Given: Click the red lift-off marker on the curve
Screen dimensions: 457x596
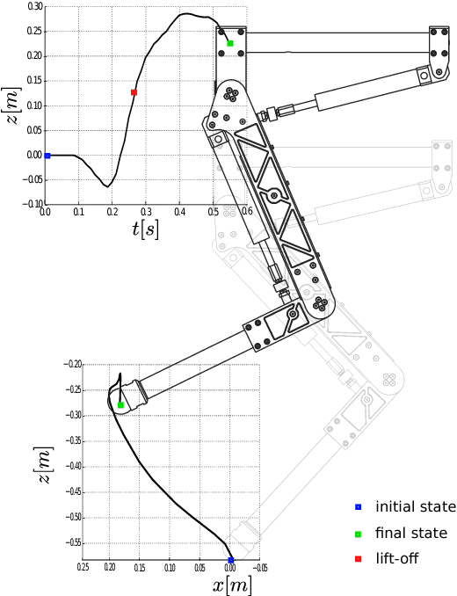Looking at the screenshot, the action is click(134, 92).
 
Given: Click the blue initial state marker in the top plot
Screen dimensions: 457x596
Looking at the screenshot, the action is click(47, 156).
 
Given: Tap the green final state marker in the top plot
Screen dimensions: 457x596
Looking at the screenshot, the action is click(230, 43).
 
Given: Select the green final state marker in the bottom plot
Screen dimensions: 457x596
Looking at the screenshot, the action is click(120, 405).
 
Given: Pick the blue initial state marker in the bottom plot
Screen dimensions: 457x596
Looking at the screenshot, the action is click(230, 560).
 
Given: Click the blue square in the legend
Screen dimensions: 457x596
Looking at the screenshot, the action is click(358, 507).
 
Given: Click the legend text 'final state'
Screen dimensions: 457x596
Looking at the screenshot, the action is click(411, 533).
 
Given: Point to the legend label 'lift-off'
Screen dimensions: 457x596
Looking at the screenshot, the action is click(397, 558).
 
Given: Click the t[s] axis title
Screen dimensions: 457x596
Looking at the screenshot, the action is click(146, 229).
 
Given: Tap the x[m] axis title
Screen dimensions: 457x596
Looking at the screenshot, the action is click(232, 585).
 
